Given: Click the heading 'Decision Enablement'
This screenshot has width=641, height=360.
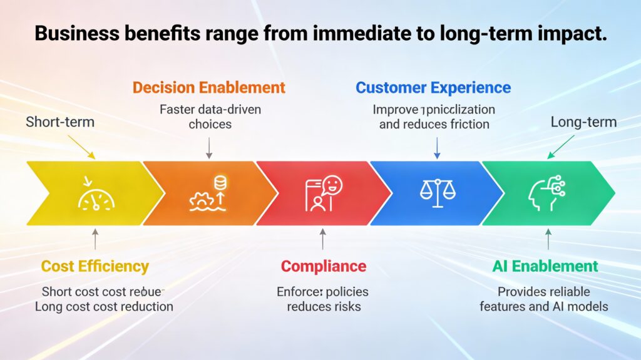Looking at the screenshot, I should pyautogui.click(x=210, y=88).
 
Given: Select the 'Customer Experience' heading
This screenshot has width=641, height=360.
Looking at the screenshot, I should pyautogui.click(x=433, y=88).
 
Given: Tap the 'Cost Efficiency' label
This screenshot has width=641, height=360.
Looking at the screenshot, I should pyautogui.click(x=95, y=266).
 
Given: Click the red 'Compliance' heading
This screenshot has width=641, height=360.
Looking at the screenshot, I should pyautogui.click(x=322, y=266).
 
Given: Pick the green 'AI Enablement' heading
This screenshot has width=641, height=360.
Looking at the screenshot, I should pyautogui.click(x=545, y=266).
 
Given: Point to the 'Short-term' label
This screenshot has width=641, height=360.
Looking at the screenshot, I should pyautogui.click(x=60, y=121).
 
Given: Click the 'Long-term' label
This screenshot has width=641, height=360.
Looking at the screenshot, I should pyautogui.click(x=583, y=121).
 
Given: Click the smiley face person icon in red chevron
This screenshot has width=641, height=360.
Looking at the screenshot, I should pyautogui.click(x=323, y=193).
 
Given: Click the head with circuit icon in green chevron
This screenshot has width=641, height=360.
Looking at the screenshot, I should pyautogui.click(x=546, y=193).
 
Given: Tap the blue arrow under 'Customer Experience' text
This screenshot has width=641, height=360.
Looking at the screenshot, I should pyautogui.click(x=437, y=148).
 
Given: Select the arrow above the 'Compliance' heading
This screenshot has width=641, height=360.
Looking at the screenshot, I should pyautogui.click(x=322, y=239).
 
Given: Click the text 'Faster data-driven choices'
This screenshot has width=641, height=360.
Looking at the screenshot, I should pyautogui.click(x=210, y=116).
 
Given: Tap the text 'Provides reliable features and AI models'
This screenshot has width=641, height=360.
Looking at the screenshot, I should pyautogui.click(x=543, y=299).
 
